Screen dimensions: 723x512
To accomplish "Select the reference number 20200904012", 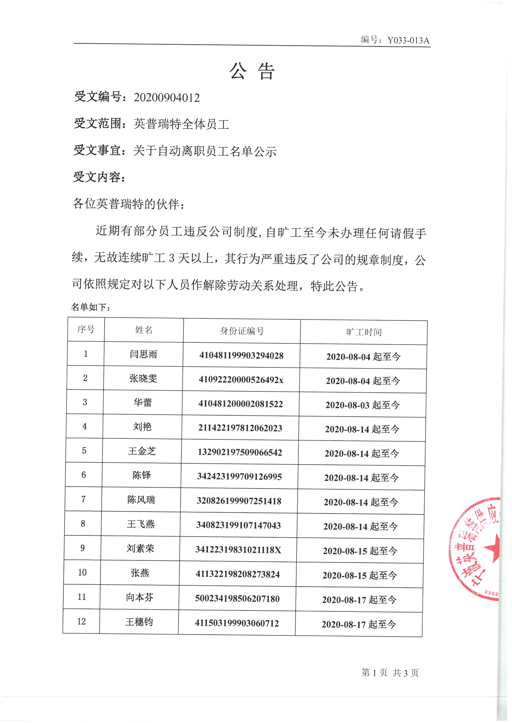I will [x=167, y=98].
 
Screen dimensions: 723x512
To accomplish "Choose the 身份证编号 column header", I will [x=242, y=331].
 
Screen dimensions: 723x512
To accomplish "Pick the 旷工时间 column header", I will [x=364, y=332].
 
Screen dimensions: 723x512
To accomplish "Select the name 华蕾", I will [x=143, y=402].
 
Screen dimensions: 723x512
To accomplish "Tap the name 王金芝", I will [x=142, y=451].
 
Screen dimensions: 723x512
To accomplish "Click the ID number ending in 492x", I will [x=241, y=380].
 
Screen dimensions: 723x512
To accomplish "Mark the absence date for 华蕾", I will [x=362, y=405].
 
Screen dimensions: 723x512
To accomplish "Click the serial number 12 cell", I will [x=81, y=621].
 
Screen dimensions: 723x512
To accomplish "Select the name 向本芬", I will [x=140, y=597].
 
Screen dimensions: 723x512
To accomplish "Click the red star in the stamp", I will [x=492, y=548].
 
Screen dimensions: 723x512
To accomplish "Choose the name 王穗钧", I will [x=139, y=622].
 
